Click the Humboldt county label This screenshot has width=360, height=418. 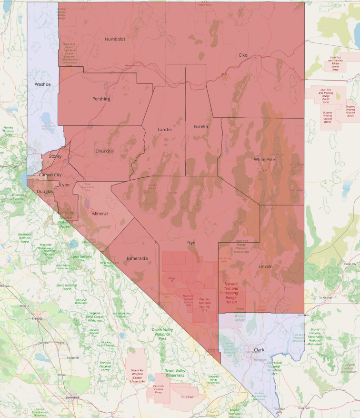click(115, 39)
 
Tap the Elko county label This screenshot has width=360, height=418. click(243, 55)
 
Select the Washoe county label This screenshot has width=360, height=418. click(42, 84)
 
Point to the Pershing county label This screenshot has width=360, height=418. click(101, 99)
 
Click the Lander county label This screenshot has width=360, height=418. click(165, 130)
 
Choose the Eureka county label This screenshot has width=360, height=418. click(201, 127)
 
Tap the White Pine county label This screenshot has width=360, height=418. click(265, 159)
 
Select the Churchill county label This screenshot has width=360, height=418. click(104, 152)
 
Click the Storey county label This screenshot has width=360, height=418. click(55, 156)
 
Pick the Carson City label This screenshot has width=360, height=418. click(50, 175)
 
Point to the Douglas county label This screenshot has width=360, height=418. click(45, 192)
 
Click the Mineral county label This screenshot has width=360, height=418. click(100, 214)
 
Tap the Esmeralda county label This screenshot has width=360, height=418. click(137, 258)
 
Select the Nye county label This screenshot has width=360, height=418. click(191, 243)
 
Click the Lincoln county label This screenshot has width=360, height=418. click(265, 266)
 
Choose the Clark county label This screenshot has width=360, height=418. click(259, 350)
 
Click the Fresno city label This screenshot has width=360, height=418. click(37, 318)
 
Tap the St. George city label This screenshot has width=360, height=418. click(326, 298)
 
